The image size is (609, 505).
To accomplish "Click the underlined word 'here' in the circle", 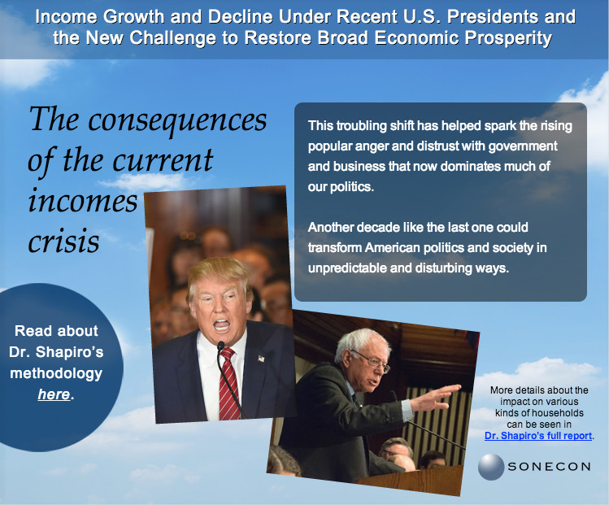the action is pos(54,394).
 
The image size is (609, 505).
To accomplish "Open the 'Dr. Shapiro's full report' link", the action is pos(538,436).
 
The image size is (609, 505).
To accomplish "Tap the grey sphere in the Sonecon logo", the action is pos(491,467).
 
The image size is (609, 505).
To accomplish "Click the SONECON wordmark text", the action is pos(549,467).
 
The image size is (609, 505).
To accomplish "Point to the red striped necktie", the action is pos(229,384).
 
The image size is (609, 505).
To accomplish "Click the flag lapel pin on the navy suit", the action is pos(261,358).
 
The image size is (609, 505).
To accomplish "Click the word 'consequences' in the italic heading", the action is pos(177,120).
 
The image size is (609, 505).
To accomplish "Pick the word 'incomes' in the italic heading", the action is pos(83,201).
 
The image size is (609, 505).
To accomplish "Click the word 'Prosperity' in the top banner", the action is pos(508,38).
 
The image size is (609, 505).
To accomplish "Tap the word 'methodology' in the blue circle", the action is pos(56,373).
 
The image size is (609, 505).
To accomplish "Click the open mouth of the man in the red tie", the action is pos(222,324).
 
